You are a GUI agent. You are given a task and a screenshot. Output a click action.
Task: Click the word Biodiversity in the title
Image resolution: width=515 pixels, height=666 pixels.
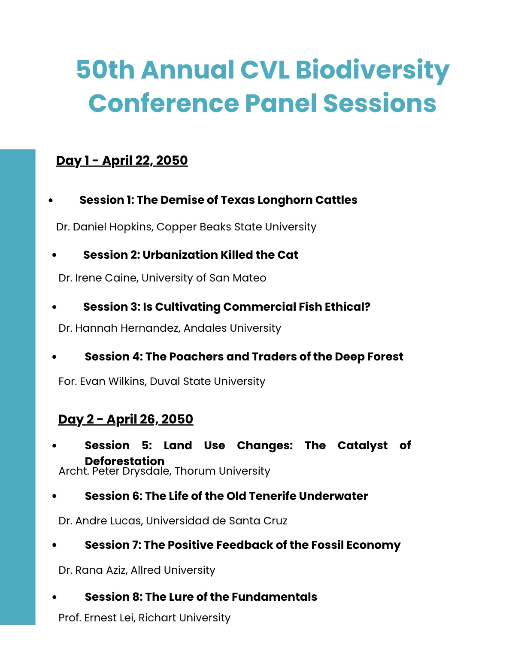tap(372, 70)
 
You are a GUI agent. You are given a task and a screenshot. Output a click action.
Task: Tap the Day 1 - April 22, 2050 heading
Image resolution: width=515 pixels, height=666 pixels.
tap(122, 160)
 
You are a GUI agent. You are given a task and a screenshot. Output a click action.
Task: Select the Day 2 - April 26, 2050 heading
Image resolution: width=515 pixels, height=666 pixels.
tap(126, 419)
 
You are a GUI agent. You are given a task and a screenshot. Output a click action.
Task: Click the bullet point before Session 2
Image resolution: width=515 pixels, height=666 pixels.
tap(55, 255)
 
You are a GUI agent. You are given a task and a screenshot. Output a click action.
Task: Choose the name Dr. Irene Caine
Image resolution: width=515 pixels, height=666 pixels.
tap(97, 278)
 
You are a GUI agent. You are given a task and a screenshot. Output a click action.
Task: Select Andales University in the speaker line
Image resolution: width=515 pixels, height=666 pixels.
tap(232, 328)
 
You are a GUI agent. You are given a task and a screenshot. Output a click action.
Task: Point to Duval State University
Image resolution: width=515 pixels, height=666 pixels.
tap(207, 381)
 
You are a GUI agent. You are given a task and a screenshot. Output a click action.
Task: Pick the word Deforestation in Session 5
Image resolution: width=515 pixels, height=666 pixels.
tap(124, 461)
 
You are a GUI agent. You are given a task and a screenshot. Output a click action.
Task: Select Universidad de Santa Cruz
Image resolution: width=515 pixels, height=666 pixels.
tap(217, 521)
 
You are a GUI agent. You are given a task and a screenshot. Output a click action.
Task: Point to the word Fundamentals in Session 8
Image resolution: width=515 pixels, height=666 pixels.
tap(274, 597)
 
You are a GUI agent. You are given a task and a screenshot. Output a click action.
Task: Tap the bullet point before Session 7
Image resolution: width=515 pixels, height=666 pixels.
tap(55, 545)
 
